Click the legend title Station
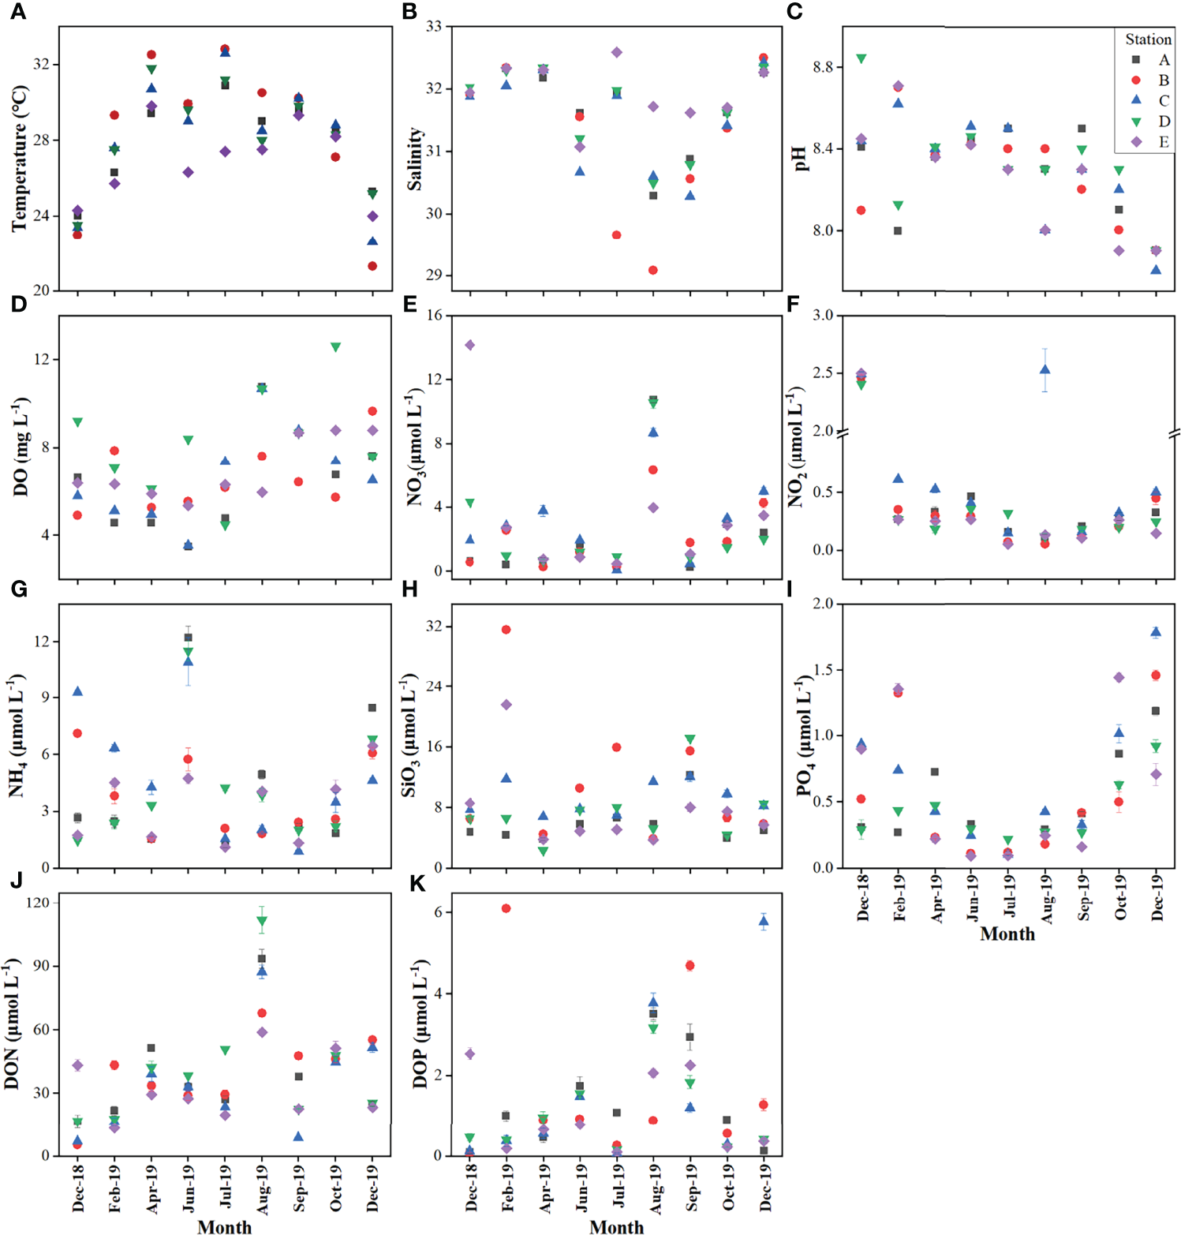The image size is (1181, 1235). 1148,39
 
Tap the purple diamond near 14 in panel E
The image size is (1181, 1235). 469,345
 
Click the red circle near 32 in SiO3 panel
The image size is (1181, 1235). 506,630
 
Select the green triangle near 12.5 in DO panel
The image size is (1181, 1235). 335,347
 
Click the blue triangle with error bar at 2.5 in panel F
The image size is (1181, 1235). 1045,369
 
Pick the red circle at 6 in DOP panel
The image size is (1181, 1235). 506,908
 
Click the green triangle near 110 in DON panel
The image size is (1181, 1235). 261,921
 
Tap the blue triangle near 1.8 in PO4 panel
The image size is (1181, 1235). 1156,631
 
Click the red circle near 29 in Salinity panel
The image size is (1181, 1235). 653,270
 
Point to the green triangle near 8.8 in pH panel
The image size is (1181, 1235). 861,59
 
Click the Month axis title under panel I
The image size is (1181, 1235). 1007,934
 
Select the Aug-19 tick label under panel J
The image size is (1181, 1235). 262,1188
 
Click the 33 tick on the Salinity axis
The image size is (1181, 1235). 433,26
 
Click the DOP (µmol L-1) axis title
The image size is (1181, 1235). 420,1024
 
